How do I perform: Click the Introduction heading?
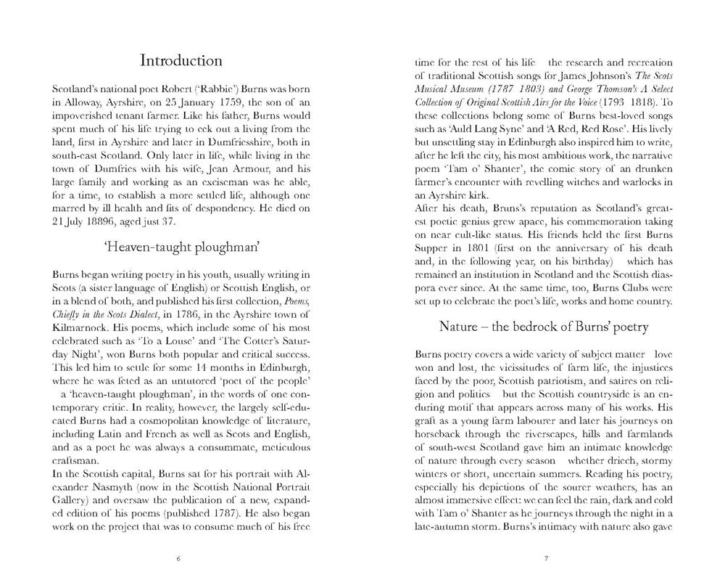(181, 60)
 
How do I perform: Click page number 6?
(180, 560)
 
